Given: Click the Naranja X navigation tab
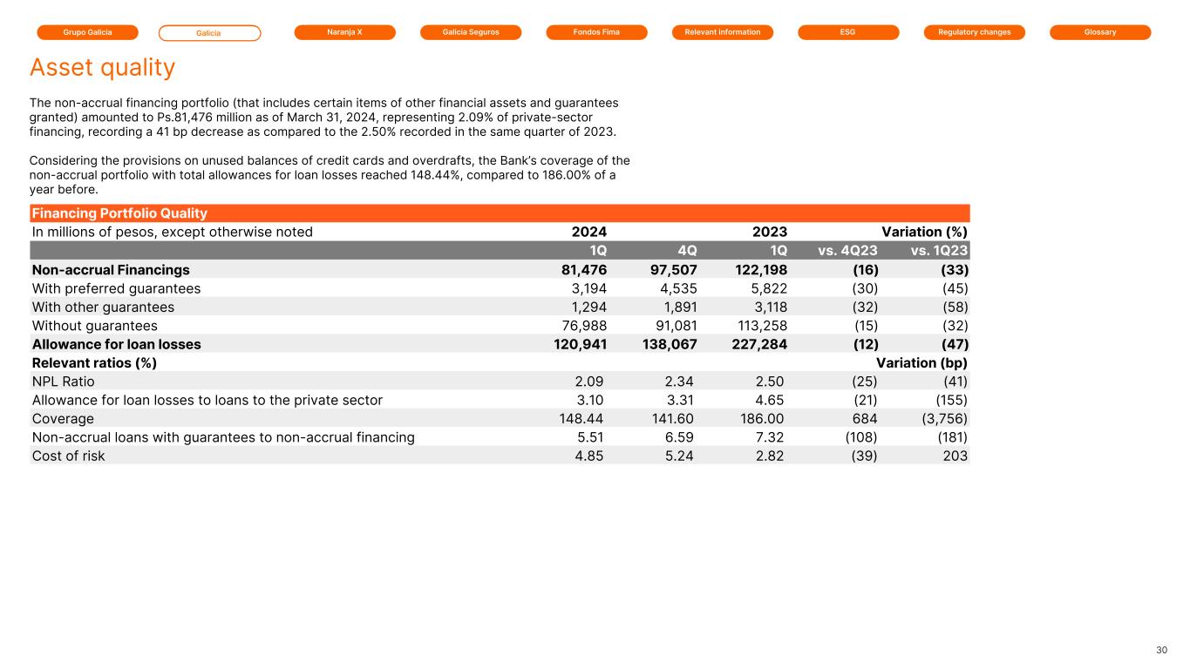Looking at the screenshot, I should click(344, 32).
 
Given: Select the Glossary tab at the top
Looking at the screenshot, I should click(1100, 32).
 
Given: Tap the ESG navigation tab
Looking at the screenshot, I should click(848, 32).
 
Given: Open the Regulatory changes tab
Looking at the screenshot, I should click(974, 32).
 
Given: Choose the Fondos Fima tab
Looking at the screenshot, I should click(596, 32).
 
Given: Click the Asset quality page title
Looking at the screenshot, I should click(102, 68).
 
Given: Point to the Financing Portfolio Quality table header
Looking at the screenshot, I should click(119, 213).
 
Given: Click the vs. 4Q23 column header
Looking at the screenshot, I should click(847, 251).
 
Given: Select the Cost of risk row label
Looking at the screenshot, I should click(68, 456).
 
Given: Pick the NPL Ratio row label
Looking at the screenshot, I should click(63, 382).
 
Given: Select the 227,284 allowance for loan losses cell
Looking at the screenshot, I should click(755, 344).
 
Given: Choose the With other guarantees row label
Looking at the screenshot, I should click(103, 307).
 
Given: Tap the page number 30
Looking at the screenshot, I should click(1161, 651).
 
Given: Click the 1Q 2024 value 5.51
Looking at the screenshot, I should click(591, 437).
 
